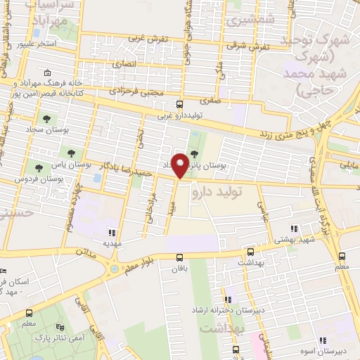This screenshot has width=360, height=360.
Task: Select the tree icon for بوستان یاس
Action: click(71, 152)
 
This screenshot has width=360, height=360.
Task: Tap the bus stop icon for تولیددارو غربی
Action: click(179, 103)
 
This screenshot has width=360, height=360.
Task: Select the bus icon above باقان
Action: click(179, 257)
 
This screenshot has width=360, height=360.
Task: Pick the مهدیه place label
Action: click(113, 243)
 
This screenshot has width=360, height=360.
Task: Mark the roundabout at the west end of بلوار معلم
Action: click(113, 267)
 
